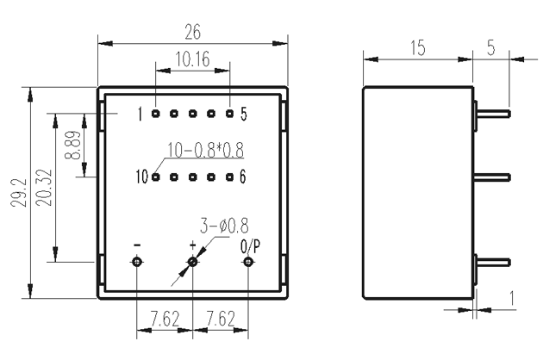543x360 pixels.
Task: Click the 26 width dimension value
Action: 192,32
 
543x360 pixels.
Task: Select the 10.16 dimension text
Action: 192,59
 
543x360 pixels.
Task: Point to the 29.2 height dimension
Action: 18,193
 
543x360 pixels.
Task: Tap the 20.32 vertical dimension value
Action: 44,188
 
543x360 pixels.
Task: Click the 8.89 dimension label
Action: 72,145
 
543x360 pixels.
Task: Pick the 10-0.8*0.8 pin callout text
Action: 206,150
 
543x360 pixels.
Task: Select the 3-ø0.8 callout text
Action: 224,226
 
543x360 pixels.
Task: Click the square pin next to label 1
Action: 156,113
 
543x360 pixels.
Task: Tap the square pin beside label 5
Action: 229,113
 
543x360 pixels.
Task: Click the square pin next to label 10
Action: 156,177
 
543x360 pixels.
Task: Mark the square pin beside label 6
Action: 229,177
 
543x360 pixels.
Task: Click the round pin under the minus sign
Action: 138,262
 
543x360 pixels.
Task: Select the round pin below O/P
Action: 247,262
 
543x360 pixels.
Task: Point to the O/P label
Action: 250,246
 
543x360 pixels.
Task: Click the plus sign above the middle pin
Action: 193,245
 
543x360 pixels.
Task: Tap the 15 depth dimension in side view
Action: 418,47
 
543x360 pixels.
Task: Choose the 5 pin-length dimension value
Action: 491,47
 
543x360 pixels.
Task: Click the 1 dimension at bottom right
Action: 512,298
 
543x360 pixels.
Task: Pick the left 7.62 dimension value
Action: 165,319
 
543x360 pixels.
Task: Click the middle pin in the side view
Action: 492,177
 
